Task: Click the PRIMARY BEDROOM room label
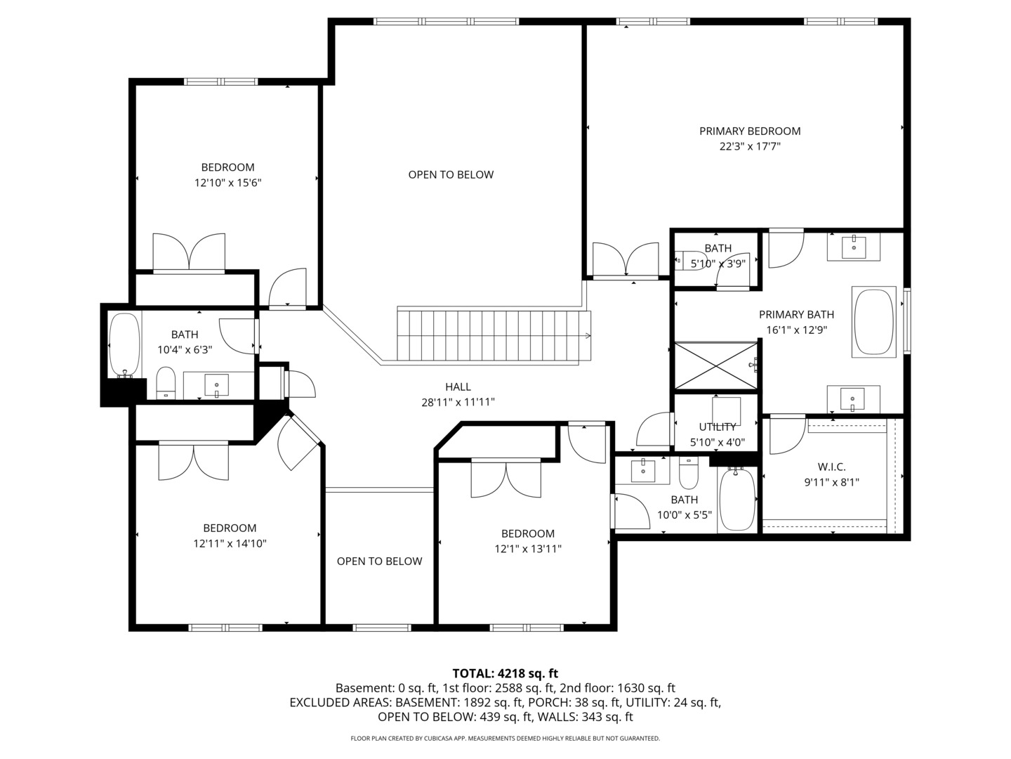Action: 749,131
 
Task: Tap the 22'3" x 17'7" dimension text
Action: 749,147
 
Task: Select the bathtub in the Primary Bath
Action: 874,321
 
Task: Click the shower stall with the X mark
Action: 715,365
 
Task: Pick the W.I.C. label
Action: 831,467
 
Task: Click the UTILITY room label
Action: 717,427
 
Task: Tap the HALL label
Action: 458,387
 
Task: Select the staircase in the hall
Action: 491,335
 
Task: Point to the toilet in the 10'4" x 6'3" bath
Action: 166,382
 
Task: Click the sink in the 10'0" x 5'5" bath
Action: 642,470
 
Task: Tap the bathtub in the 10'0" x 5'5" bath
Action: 736,500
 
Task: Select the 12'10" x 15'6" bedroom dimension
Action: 227,183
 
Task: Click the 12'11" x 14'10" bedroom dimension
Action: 230,543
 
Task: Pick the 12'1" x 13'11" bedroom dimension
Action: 527,549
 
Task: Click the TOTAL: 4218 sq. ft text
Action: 505,673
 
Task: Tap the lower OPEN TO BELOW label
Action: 379,561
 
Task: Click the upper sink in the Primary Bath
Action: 853,247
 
